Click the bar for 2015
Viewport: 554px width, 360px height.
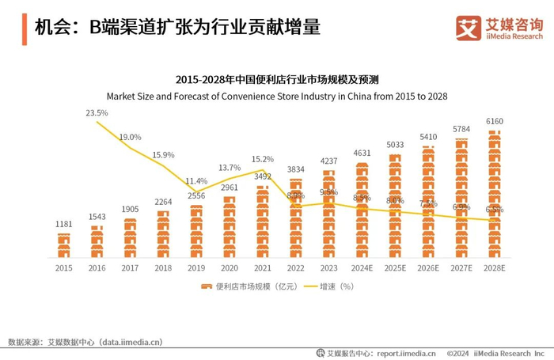(x=63, y=245)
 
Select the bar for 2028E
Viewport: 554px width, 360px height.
(x=495, y=195)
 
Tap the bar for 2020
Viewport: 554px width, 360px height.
(x=230, y=227)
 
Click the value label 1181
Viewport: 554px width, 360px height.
(x=63, y=224)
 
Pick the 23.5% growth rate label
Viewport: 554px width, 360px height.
(x=97, y=113)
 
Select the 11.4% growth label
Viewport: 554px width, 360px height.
(x=196, y=181)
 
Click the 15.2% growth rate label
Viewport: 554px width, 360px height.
(x=263, y=158)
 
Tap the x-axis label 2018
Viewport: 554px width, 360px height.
(x=163, y=267)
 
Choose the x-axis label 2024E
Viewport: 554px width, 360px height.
(x=362, y=267)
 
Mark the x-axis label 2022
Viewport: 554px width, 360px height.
(x=296, y=267)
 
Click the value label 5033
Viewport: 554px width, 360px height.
(x=396, y=145)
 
